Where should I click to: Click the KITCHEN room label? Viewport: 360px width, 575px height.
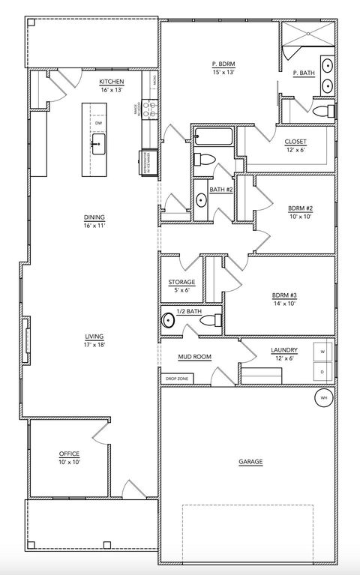point(111,81)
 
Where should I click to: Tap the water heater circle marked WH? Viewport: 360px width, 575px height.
point(324,397)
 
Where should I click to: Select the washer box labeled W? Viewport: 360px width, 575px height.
point(323,352)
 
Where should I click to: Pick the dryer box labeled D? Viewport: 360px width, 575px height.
point(323,371)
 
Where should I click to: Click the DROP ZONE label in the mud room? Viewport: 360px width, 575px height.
point(176,379)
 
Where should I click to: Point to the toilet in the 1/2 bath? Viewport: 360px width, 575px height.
point(211,321)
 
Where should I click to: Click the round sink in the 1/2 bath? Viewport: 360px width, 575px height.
point(169,321)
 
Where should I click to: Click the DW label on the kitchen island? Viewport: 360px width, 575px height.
point(98,122)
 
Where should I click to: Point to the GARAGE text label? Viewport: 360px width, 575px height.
point(250,462)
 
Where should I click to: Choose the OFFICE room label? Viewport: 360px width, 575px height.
point(69,454)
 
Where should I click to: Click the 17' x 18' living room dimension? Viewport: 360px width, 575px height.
point(94,345)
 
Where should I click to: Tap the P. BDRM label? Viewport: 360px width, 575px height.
point(223,64)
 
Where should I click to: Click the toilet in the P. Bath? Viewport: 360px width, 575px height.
point(322,112)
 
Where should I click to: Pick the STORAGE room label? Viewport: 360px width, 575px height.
point(181,282)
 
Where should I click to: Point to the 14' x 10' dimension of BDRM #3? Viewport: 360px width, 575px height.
point(285,304)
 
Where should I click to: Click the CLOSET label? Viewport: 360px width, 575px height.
point(295,142)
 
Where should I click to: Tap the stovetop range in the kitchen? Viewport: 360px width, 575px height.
point(149,109)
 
